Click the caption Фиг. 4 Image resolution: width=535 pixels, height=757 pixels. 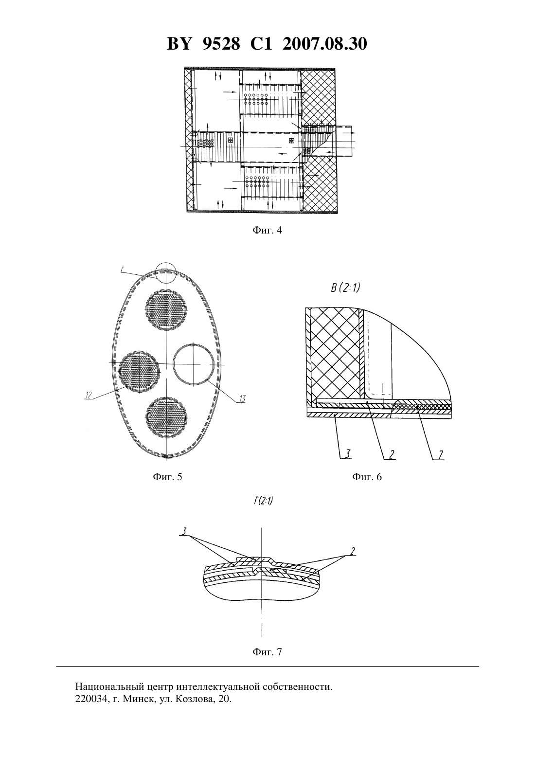pyautogui.click(x=267, y=230)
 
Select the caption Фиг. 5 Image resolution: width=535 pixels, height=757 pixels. pyautogui.click(x=167, y=476)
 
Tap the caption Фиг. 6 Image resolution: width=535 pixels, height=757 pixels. pyautogui.click(x=367, y=476)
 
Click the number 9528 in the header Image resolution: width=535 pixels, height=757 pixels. pyautogui.click(x=221, y=44)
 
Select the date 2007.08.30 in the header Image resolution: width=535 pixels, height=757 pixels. pyautogui.click(x=324, y=44)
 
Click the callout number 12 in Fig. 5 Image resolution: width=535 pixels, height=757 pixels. pyautogui.click(x=89, y=395)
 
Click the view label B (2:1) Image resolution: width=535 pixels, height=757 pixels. pyautogui.click(x=345, y=288)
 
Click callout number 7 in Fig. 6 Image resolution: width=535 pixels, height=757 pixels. pyautogui.click(x=441, y=455)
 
